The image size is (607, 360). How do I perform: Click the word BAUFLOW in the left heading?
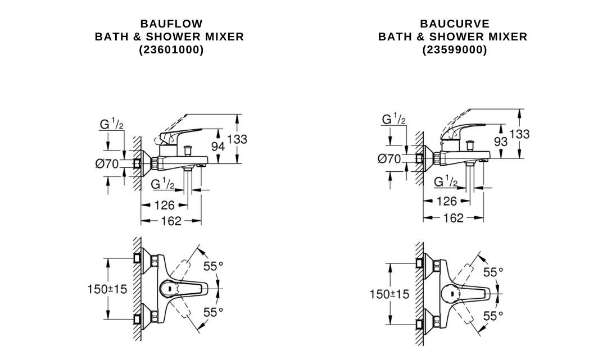point(171,24)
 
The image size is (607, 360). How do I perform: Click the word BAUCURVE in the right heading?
point(455,24)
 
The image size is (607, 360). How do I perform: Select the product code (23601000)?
point(171,50)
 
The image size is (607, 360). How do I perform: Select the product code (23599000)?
point(455,50)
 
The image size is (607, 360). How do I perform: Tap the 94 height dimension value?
point(218,147)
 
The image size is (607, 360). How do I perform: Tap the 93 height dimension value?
point(500,142)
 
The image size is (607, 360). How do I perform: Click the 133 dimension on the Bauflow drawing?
point(237,139)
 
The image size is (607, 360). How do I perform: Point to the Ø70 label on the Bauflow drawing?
point(107,164)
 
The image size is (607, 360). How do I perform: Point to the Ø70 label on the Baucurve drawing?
point(389,159)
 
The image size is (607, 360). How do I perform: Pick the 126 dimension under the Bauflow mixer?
point(164,206)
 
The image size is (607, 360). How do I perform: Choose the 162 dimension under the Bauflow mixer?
point(171,221)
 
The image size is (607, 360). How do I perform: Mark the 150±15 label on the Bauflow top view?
point(107,289)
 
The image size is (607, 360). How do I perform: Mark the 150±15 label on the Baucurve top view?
point(389,294)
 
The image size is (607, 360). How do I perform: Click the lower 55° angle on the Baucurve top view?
point(493,316)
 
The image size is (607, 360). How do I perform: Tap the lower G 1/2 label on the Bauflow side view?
point(164,184)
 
